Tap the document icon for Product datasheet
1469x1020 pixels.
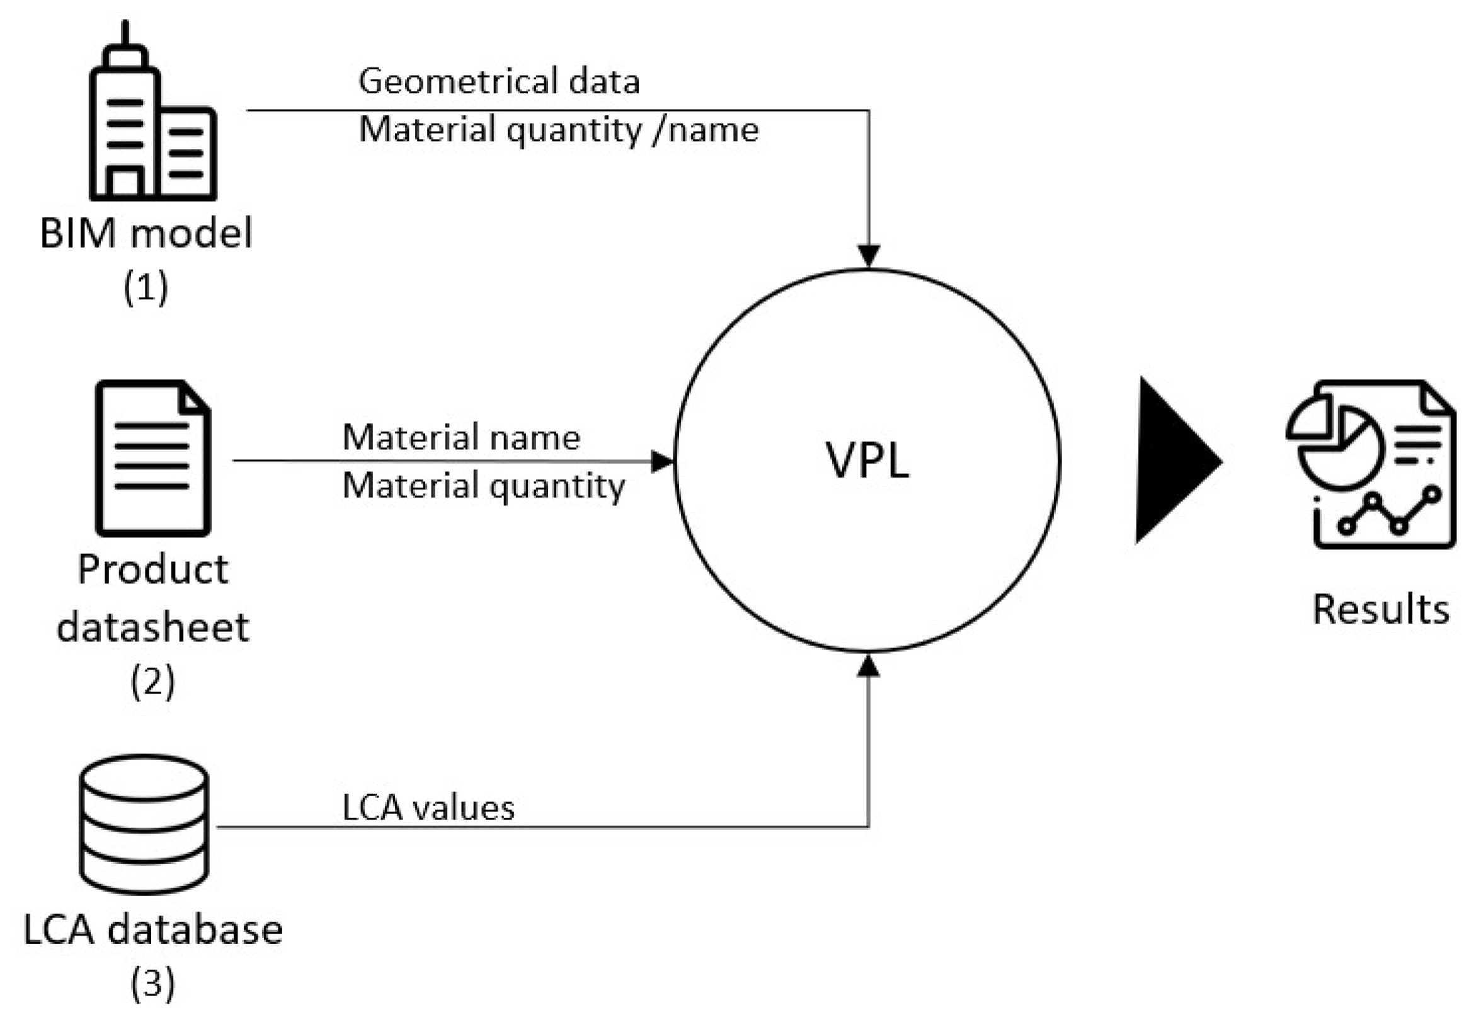point(152,458)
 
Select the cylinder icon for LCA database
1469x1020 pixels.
point(144,825)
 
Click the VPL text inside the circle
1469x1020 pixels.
point(867,460)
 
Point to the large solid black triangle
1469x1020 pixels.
point(1174,461)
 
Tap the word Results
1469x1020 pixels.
point(1380,609)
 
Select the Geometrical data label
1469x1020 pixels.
point(499,82)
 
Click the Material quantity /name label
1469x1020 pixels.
point(559,130)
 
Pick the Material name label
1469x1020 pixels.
point(461,438)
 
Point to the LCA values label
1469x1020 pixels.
point(428,808)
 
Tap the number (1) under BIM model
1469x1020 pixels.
point(146,287)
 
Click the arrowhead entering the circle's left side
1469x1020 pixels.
point(662,461)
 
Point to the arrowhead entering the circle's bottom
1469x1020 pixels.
point(867,666)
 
